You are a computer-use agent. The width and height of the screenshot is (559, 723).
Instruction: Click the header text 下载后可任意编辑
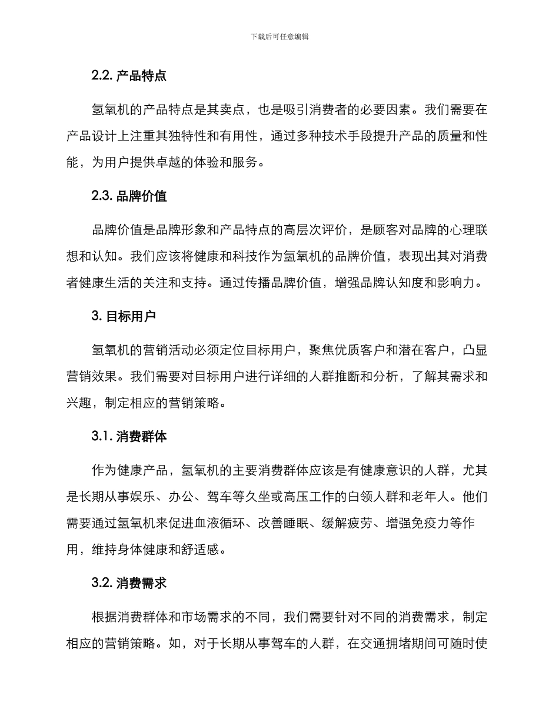pyautogui.click(x=279, y=36)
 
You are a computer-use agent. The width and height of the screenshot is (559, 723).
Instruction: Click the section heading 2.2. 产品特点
pyautogui.click(x=129, y=76)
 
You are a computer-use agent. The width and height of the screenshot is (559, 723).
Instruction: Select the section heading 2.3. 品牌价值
pyautogui.click(x=129, y=196)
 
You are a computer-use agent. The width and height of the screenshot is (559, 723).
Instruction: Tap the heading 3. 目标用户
pyautogui.click(x=124, y=316)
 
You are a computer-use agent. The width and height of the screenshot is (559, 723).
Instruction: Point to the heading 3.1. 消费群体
pyautogui.click(x=129, y=437)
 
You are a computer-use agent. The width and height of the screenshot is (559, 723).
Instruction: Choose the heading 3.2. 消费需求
pyautogui.click(x=129, y=583)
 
